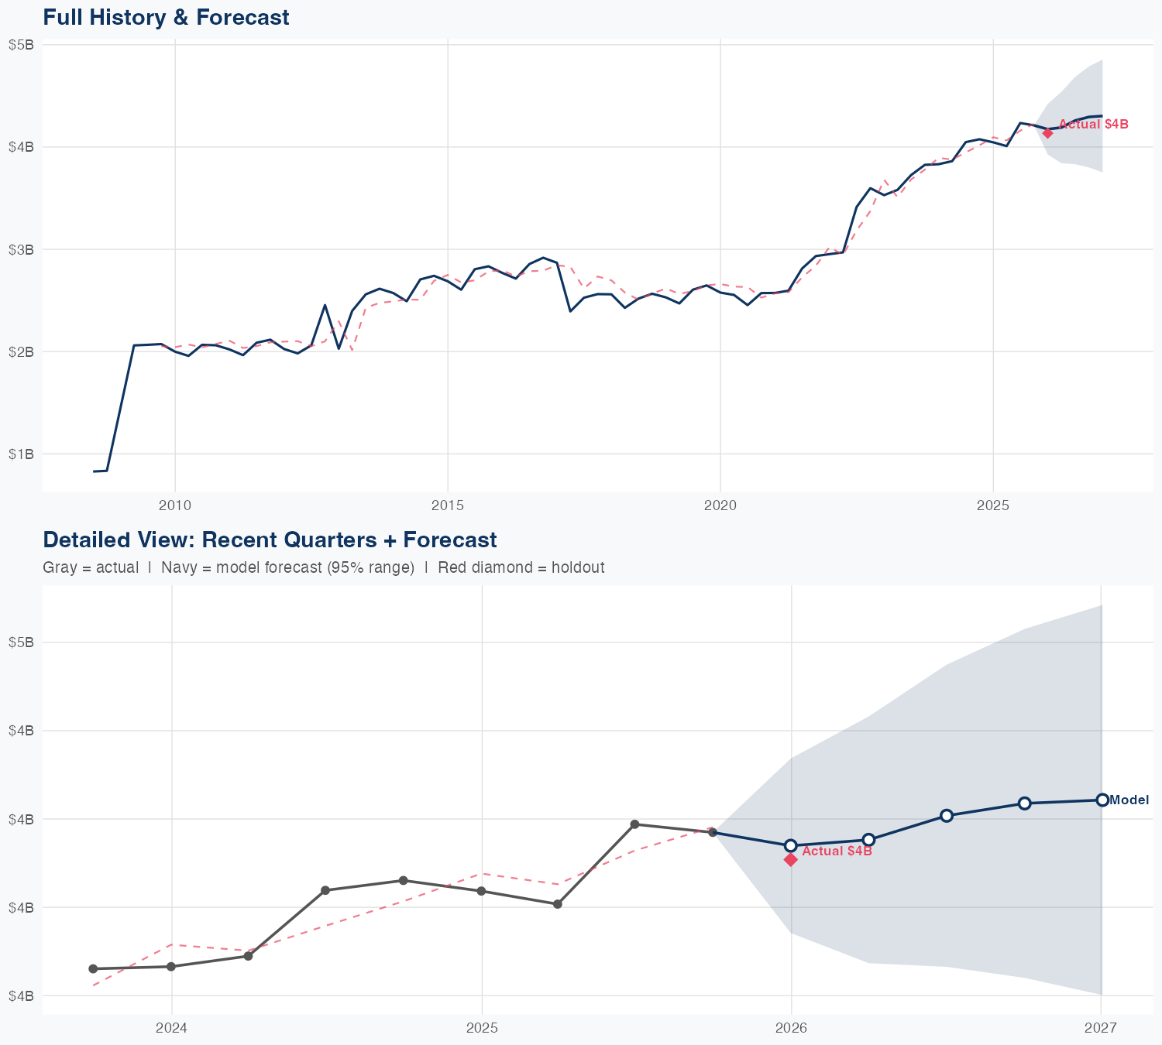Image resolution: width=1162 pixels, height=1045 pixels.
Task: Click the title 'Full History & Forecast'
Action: [x=166, y=17]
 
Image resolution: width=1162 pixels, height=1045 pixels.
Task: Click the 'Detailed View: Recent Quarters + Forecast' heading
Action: [x=270, y=540]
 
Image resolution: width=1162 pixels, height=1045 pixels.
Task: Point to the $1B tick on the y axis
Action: [x=21, y=454]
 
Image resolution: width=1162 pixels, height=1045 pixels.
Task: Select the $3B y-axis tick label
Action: [x=21, y=249]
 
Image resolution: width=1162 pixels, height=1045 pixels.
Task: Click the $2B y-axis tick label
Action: [x=21, y=351]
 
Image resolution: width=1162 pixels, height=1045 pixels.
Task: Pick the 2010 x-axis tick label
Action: [x=175, y=505]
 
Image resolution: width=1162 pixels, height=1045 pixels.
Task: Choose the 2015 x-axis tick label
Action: [x=448, y=505]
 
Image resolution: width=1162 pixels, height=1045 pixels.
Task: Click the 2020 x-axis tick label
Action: [x=720, y=505]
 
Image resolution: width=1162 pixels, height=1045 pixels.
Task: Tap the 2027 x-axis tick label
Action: [x=1101, y=1028]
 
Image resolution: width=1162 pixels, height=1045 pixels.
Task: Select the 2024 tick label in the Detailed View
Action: [x=171, y=1028]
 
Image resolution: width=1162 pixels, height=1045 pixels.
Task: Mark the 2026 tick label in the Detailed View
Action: [x=791, y=1028]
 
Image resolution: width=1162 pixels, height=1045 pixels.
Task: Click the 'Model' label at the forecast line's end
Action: [x=1129, y=800]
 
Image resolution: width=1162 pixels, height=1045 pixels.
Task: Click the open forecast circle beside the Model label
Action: [x=1102, y=800]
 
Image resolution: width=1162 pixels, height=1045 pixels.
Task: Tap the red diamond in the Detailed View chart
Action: [x=791, y=859]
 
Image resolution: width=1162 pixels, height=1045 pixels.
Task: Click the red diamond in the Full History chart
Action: [x=1047, y=133]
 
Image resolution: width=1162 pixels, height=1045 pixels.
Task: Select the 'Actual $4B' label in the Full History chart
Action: [x=1093, y=124]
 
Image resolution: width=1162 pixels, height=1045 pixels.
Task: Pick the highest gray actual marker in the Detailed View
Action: [x=634, y=824]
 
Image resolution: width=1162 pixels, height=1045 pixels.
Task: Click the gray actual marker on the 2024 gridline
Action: [x=171, y=967]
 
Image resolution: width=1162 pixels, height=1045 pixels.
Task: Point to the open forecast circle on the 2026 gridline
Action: [x=791, y=845]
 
